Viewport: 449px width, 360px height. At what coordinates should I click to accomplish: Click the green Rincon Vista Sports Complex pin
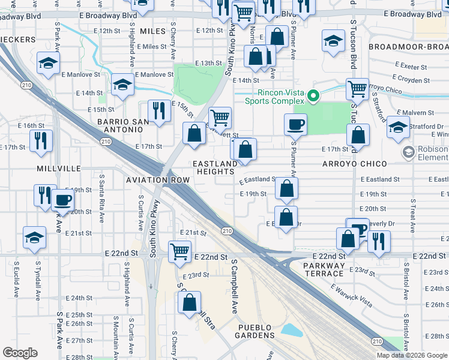[312, 95]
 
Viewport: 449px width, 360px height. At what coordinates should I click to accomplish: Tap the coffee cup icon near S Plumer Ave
[295, 125]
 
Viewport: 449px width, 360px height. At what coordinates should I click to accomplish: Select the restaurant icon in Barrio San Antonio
[159, 110]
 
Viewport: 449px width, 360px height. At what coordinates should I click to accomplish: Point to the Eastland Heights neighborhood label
[214, 167]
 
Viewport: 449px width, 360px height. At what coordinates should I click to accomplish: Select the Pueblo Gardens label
[255, 327]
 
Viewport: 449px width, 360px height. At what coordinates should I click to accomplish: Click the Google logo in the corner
[20, 352]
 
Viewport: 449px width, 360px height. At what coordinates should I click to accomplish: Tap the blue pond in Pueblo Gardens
[292, 329]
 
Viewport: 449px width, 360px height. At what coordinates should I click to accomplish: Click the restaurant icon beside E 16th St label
[40, 140]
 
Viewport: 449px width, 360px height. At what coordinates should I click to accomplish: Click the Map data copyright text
[412, 355]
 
